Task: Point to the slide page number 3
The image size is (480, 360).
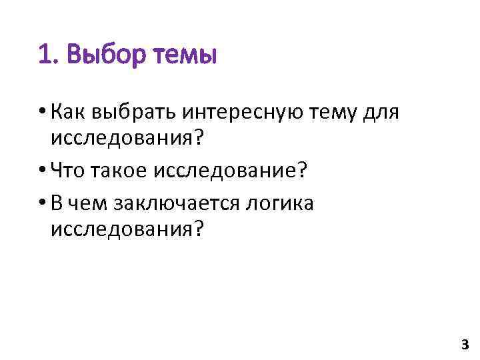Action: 465,345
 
